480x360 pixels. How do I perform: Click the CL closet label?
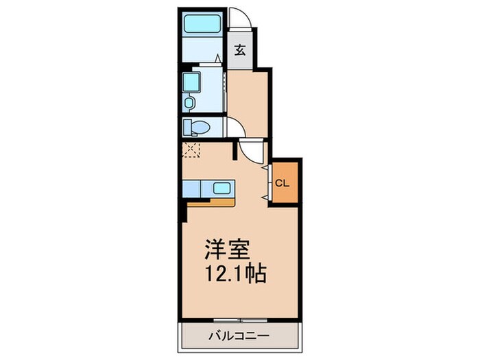(x=282, y=184)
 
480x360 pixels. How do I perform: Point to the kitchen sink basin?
(x=223, y=188)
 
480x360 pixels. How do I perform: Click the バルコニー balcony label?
(x=239, y=336)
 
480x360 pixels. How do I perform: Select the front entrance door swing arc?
(x=239, y=17)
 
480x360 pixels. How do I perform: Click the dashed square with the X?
(x=190, y=149)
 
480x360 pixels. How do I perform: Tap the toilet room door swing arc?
(x=235, y=127)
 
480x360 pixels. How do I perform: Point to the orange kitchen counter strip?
(x=209, y=202)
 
